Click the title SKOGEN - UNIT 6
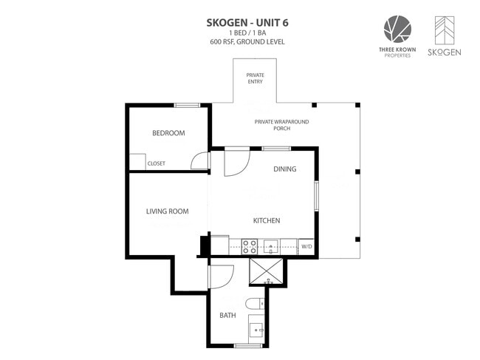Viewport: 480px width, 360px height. (247, 23)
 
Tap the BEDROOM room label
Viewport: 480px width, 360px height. (168, 133)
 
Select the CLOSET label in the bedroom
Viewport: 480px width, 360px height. (156, 163)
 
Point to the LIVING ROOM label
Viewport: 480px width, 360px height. (167, 211)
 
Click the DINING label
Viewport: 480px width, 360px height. (285, 169)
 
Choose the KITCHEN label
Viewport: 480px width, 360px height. (267, 220)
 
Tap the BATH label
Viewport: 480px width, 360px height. (227, 315)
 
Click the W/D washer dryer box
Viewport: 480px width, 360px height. (306, 247)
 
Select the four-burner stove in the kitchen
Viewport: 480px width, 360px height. (250, 247)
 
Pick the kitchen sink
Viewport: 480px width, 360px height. (271, 247)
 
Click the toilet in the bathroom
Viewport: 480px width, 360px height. (255, 303)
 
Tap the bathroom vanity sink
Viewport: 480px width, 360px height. (256, 330)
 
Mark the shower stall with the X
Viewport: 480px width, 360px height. (267, 271)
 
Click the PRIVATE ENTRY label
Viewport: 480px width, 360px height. (256, 78)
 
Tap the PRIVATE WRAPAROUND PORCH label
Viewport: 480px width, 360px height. (281, 125)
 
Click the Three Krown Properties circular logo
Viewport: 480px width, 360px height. (397, 29)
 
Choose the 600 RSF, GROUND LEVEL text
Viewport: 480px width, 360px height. (247, 42)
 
